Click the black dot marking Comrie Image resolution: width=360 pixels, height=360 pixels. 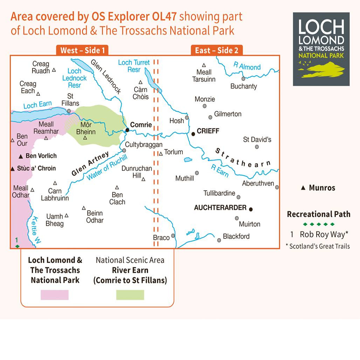pyautogui.click(x=127, y=130)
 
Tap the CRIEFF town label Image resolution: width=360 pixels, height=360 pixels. pyautogui.click(x=208, y=131)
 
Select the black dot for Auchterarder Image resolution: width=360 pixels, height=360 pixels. pyautogui.click(x=251, y=209)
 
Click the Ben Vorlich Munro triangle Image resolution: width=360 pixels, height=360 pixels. pyautogui.click(x=21, y=156)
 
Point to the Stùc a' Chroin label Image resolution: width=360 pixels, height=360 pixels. pyautogui.click(x=36, y=168)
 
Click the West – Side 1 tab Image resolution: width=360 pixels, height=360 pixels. pyautogui.click(x=82, y=50)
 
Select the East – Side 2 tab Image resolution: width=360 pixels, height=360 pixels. pyautogui.click(x=216, y=50)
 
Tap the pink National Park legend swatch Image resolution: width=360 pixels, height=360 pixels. pyautogui.click(x=54, y=295)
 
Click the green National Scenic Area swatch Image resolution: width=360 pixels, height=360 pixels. pyautogui.click(x=130, y=295)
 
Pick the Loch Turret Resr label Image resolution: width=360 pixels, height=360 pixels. pyautogui.click(x=134, y=66)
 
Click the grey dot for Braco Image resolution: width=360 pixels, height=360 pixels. pyautogui.click(x=173, y=236)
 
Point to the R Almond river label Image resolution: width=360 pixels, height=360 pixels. pyautogui.click(x=247, y=67)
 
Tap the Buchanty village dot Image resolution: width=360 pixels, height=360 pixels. pyautogui.click(x=243, y=79)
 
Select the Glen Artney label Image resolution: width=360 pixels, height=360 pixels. pyautogui.click(x=90, y=164)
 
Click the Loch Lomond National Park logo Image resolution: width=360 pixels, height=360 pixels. pyautogui.click(x=321, y=49)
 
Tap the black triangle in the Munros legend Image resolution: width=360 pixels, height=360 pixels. pyautogui.click(x=303, y=188)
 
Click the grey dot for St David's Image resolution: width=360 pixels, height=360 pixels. pyautogui.click(x=257, y=147)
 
